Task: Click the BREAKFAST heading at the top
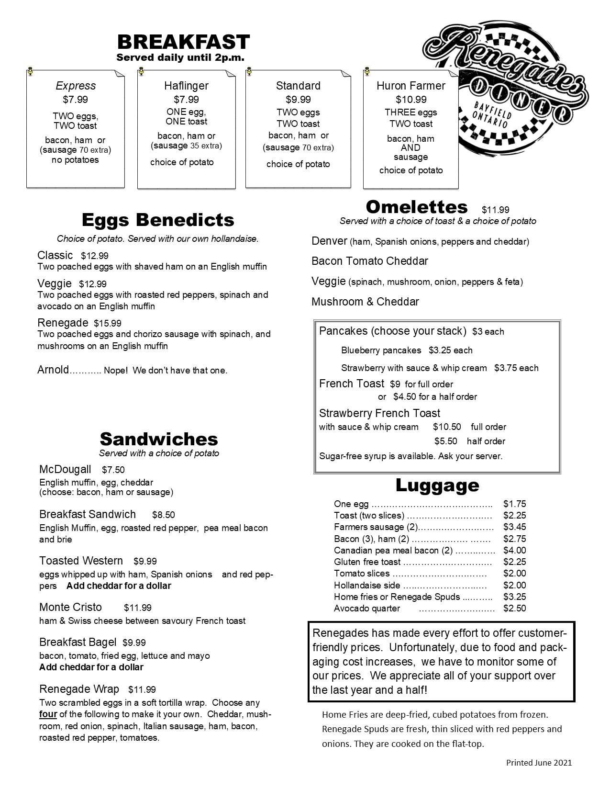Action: pos(183,42)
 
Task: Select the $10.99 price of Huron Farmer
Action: pos(411,100)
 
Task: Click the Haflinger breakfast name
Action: pos(186,86)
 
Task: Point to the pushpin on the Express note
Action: pos(30,71)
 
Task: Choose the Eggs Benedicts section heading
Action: pos(158,220)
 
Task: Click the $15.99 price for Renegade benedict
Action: pos(108,323)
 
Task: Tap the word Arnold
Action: pos(53,370)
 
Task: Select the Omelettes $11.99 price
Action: pos(495,210)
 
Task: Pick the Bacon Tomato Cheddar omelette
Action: pos(369,261)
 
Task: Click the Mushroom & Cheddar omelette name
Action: pos(365,302)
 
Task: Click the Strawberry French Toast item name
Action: pos(379,413)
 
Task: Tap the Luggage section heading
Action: pos(437,485)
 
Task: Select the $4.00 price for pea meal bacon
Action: pos(514,551)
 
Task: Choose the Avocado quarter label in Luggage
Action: pos(366,609)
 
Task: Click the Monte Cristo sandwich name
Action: pos(70,607)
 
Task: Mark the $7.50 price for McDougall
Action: pos(113,470)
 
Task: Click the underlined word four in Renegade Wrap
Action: pos(48,714)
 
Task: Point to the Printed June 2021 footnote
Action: pos(539,763)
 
